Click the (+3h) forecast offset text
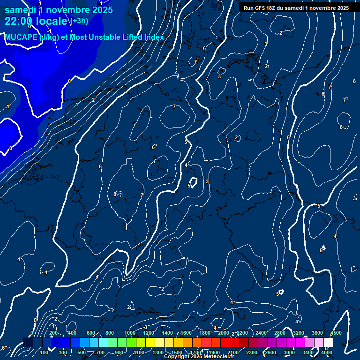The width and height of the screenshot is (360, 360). (79, 21)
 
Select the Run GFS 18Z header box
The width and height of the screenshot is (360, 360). (296, 8)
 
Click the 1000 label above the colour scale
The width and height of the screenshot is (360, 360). (130, 333)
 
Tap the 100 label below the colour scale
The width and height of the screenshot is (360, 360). (45, 352)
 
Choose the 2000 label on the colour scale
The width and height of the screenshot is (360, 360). (224, 333)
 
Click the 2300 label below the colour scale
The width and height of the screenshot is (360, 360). (252, 352)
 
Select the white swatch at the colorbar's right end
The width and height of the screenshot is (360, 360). (328, 343)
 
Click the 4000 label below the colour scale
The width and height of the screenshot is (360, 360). (327, 352)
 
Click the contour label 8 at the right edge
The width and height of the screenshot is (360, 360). (354, 82)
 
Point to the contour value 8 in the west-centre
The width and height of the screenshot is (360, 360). (115, 194)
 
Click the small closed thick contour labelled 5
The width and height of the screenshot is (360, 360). (192, 182)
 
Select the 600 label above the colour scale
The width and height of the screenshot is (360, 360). (91, 333)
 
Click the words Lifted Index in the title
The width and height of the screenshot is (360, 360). (141, 37)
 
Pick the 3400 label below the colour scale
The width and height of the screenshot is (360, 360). (308, 352)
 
